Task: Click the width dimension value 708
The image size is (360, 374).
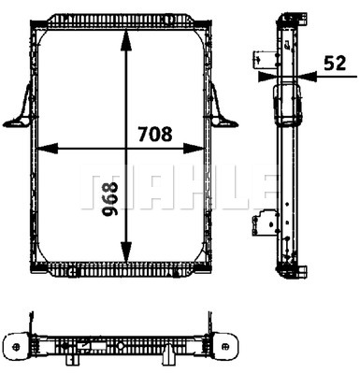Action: click(x=155, y=134)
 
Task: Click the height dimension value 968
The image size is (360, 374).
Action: click(x=110, y=199)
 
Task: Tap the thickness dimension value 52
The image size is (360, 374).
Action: click(x=335, y=63)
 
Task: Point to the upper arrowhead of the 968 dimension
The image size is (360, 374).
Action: click(x=125, y=40)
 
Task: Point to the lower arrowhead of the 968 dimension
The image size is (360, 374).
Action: click(x=125, y=252)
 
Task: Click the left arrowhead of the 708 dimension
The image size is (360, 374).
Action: click(x=48, y=149)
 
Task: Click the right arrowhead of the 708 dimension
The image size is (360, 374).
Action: click(x=194, y=149)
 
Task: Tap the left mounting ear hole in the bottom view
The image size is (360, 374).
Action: click(x=17, y=346)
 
